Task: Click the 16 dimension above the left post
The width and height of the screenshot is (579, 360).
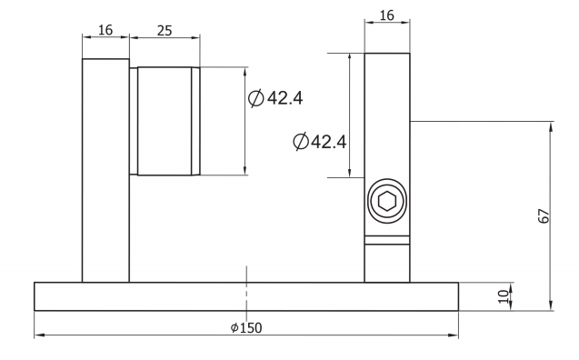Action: pyautogui.click(x=105, y=29)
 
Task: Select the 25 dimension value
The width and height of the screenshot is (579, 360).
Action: pyautogui.click(x=165, y=29)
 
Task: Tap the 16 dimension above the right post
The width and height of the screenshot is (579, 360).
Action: pyautogui.click(x=386, y=15)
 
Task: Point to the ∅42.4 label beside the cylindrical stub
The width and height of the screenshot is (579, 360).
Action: pyautogui.click(x=275, y=98)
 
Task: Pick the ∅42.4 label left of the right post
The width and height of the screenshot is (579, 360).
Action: pyautogui.click(x=321, y=142)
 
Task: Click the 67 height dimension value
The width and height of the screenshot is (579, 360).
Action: pyautogui.click(x=544, y=216)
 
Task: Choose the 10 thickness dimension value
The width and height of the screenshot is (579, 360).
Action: pyautogui.click(x=503, y=296)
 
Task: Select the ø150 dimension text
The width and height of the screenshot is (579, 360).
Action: pyautogui.click(x=247, y=327)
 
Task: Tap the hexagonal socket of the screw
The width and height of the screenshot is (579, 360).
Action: pyautogui.click(x=386, y=201)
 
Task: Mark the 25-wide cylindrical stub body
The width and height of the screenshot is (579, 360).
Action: pyautogui.click(x=165, y=121)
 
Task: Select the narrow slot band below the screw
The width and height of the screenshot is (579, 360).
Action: pyautogui.click(x=386, y=240)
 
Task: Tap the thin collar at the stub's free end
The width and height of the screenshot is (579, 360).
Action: pyautogui.click(x=195, y=121)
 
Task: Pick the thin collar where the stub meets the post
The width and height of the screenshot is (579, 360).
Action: pyautogui.click(x=134, y=121)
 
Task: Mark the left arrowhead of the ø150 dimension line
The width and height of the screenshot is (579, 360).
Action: pyautogui.click(x=38, y=335)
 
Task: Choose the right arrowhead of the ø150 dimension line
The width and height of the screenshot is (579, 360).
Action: pyautogui.click(x=454, y=335)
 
